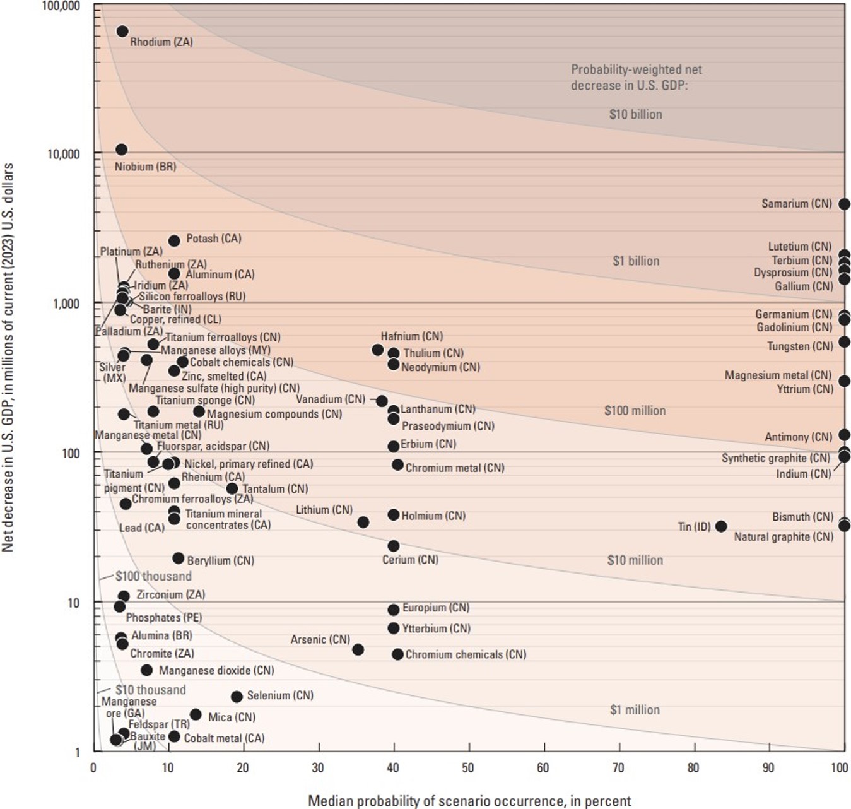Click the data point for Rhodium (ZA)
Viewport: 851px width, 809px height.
122,32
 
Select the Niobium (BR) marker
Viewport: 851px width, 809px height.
121,150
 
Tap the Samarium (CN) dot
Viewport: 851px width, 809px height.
844,204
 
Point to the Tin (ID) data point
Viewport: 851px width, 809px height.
721,526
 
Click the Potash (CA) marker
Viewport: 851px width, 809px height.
174,241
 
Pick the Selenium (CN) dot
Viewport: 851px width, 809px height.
237,697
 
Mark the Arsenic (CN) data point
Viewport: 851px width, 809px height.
358,649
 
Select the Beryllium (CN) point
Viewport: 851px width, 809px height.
179,558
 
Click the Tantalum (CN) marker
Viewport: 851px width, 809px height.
232,488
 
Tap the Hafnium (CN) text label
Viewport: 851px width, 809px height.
411,336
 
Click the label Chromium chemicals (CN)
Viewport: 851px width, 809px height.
466,654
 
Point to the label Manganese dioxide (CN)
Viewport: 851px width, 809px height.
216,670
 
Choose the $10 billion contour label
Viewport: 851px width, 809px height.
635,114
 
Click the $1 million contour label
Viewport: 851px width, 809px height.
635,710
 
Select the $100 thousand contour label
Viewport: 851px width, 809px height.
153,576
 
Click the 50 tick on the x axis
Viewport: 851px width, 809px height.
468,768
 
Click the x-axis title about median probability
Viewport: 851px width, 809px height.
469,801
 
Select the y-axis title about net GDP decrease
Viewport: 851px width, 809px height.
8,358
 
